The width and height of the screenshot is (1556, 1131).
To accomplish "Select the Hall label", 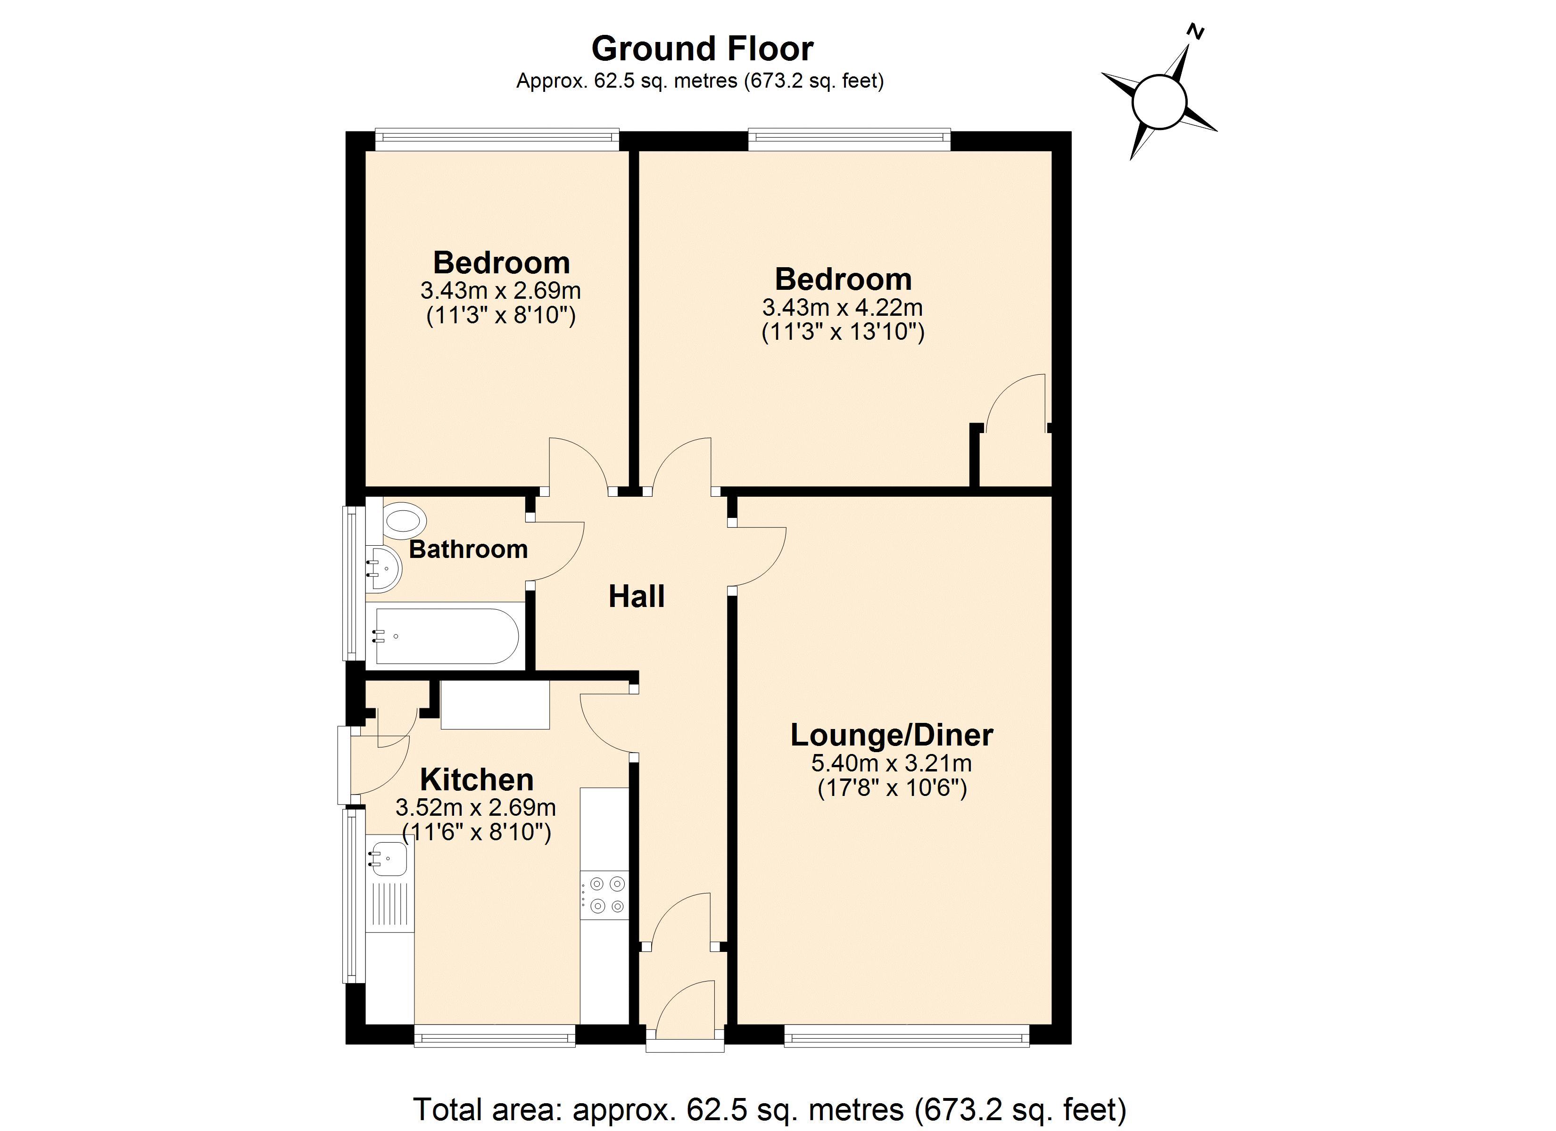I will pyautogui.click(x=636, y=597).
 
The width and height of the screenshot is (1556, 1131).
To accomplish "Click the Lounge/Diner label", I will pyautogui.click(x=891, y=735).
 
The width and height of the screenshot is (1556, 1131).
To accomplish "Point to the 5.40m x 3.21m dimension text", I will pyautogui.click(x=891, y=762).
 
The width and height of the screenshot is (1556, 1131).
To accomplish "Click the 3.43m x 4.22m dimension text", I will pyautogui.click(x=843, y=307).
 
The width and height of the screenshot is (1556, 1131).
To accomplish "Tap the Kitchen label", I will pyautogui.click(x=476, y=780).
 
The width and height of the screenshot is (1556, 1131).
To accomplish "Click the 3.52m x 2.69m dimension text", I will pyautogui.click(x=475, y=807).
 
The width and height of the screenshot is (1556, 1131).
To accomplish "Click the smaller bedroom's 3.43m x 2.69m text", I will pyautogui.click(x=500, y=291).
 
